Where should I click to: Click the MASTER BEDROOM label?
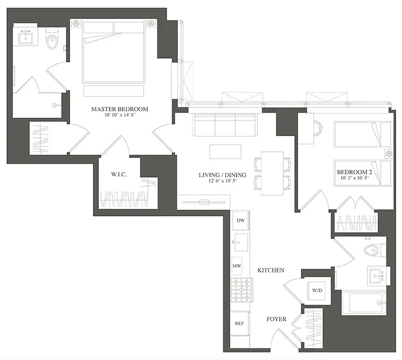[x=119, y=109]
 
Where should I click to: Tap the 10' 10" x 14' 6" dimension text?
[x=119, y=116]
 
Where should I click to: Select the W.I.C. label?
[x=119, y=174]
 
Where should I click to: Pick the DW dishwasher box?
[x=240, y=220]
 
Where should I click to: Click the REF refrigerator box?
[x=239, y=323]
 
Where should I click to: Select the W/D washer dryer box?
[x=317, y=290]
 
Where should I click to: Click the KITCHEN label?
[x=271, y=270]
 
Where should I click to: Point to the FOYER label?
[x=276, y=319]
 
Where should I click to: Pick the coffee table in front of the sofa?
[x=225, y=151]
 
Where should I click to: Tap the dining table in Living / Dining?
[x=272, y=174]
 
